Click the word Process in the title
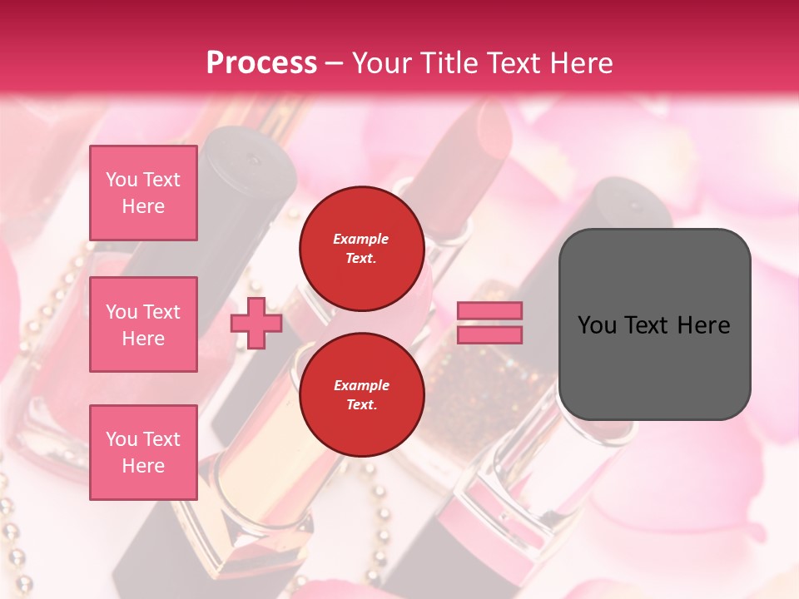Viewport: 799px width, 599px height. click(261, 62)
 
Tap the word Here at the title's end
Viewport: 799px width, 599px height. click(579, 62)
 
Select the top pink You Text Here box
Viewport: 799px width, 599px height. click(143, 193)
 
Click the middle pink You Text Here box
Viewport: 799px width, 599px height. click(143, 324)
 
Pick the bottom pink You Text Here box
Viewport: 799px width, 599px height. click(143, 453)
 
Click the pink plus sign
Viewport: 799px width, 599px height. click(256, 323)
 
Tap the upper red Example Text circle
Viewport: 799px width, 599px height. click(361, 249)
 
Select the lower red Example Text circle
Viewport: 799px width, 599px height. click(361, 394)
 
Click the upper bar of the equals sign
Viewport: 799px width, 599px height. click(489, 311)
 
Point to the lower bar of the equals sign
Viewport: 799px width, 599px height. click(489, 335)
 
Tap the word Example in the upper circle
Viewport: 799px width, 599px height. click(361, 239)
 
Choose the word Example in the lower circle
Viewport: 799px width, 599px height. click(361, 385)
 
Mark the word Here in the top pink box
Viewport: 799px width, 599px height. click(143, 206)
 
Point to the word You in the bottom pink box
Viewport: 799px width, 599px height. click(121, 439)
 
